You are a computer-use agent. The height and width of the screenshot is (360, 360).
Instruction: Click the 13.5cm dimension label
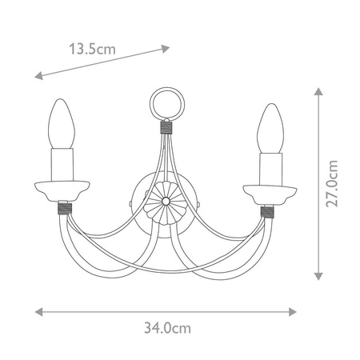pos(92,48)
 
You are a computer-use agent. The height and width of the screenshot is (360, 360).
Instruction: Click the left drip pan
pos(59,192)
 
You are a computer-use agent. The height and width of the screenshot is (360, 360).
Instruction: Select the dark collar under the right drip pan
pos(266,210)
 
